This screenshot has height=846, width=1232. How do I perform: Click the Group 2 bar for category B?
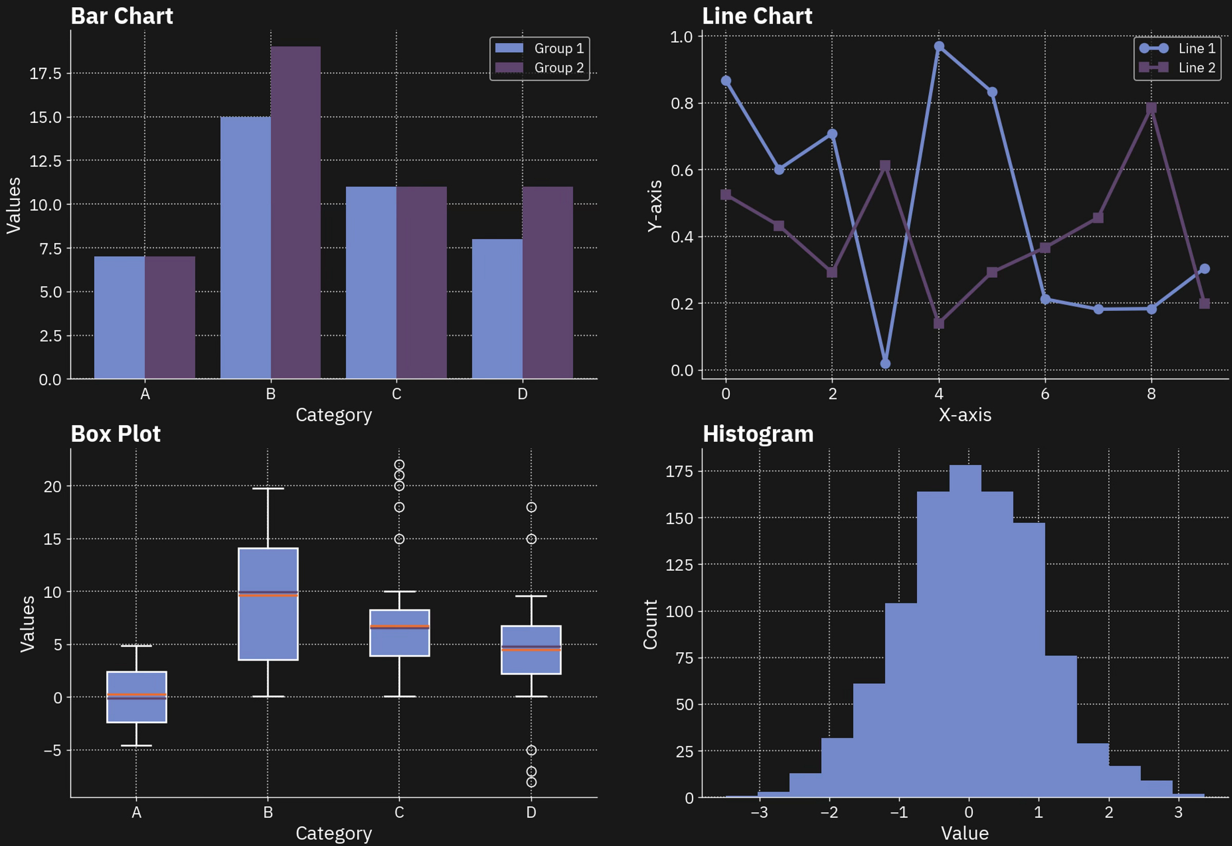(x=295, y=212)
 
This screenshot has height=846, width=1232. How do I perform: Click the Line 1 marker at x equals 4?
(x=939, y=47)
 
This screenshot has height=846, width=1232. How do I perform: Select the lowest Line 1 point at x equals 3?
(x=885, y=364)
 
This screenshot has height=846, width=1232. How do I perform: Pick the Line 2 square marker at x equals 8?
(x=1151, y=108)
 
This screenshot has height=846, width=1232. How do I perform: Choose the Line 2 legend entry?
(x=1177, y=68)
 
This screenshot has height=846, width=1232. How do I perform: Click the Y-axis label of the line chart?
(x=655, y=205)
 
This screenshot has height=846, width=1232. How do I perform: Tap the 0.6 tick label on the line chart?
(x=682, y=170)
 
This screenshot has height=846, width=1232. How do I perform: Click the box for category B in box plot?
(x=268, y=626)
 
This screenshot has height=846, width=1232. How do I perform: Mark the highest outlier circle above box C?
(x=399, y=465)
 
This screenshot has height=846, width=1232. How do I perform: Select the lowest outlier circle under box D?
(x=531, y=782)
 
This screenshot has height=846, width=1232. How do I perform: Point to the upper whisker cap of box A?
(x=136, y=646)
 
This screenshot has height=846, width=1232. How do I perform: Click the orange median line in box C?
(x=399, y=627)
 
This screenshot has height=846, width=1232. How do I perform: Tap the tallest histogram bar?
(x=965, y=631)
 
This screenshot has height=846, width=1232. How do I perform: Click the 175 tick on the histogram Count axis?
(x=679, y=471)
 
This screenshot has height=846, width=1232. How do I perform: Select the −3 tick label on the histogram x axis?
(x=759, y=813)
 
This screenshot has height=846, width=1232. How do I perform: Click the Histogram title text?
(x=758, y=434)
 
